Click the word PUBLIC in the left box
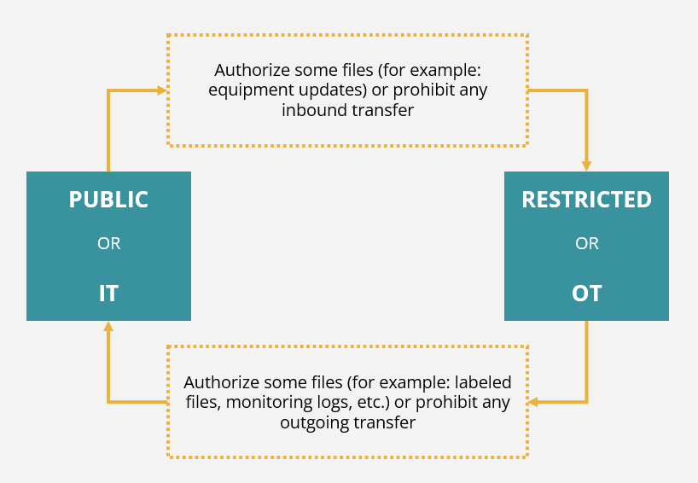pos(108,200)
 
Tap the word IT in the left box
pos(108,294)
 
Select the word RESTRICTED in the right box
pos(587,200)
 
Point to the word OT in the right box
pos(587,294)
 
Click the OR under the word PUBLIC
pos(109,243)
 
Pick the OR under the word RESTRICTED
pos(587,243)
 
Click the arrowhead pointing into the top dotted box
pos(162,90)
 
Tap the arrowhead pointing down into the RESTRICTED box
pos(586,166)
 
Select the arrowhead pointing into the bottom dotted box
pos(532,402)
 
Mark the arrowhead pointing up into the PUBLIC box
pos(108,326)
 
